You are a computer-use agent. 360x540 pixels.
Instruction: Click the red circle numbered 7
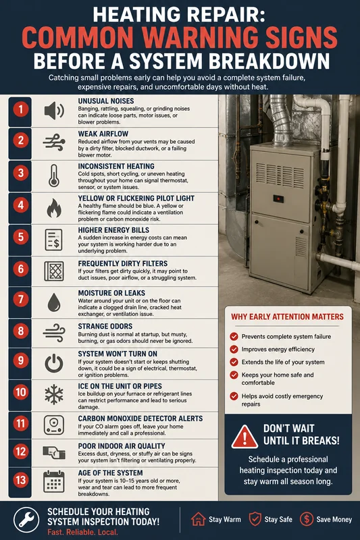pyautogui.click(x=21, y=300)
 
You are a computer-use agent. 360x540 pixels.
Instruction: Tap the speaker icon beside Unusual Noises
pyautogui.click(x=54, y=111)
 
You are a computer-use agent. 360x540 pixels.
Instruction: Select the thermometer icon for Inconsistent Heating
pyautogui.click(x=54, y=175)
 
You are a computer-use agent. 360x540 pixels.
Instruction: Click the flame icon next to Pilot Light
pyautogui.click(x=54, y=208)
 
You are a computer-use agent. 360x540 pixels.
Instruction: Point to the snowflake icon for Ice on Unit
pyautogui.click(x=54, y=395)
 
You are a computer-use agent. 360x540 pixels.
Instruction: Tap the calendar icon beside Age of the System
pyautogui.click(x=54, y=481)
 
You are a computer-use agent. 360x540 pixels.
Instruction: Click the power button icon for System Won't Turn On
pyautogui.click(x=54, y=363)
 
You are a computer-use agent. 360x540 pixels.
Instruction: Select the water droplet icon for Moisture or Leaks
pyautogui.click(x=54, y=302)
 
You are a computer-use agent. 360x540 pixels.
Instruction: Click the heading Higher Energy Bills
pyautogui.click(x=113, y=230)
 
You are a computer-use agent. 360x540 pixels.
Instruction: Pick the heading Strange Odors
pyautogui.click(x=105, y=326)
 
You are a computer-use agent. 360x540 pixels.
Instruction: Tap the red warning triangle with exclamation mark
pyautogui.click(x=245, y=437)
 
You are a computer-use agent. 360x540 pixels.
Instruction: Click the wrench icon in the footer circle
pyautogui.click(x=26, y=519)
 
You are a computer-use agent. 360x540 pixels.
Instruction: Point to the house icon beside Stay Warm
pyautogui.click(x=199, y=519)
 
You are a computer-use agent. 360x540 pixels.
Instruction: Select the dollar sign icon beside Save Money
pyautogui.click(x=306, y=519)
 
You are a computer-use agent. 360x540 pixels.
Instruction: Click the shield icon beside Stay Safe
pyautogui.click(x=255, y=519)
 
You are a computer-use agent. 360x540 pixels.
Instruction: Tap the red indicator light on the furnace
pyautogui.click(x=278, y=198)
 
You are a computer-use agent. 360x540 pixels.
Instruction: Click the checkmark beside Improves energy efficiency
pyautogui.click(x=234, y=349)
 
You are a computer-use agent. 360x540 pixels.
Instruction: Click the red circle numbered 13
pyautogui.click(x=21, y=480)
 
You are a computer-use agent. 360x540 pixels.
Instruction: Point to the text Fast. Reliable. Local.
pyautogui.click(x=82, y=532)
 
